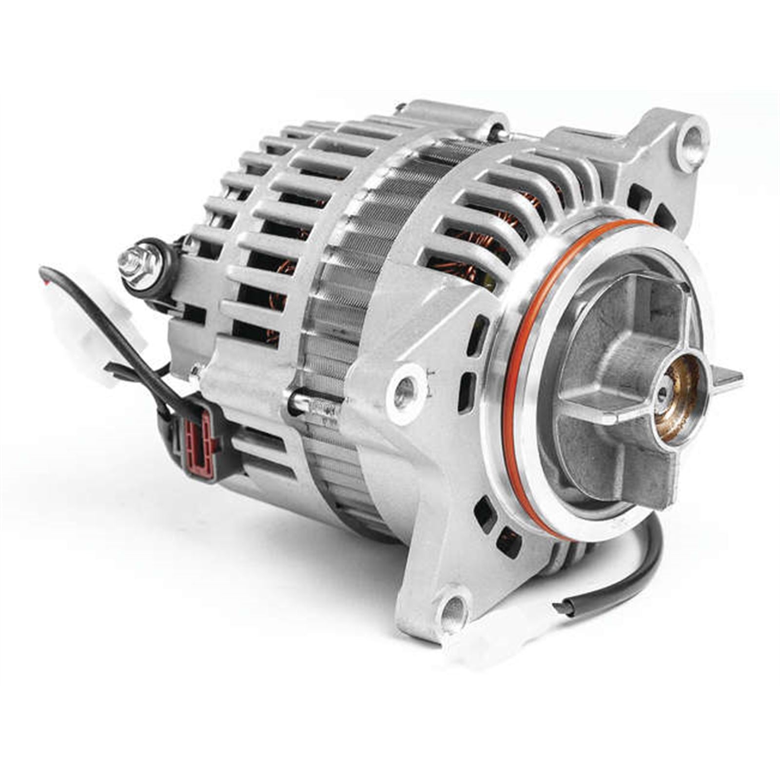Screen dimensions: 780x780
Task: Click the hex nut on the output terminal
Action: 138,264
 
